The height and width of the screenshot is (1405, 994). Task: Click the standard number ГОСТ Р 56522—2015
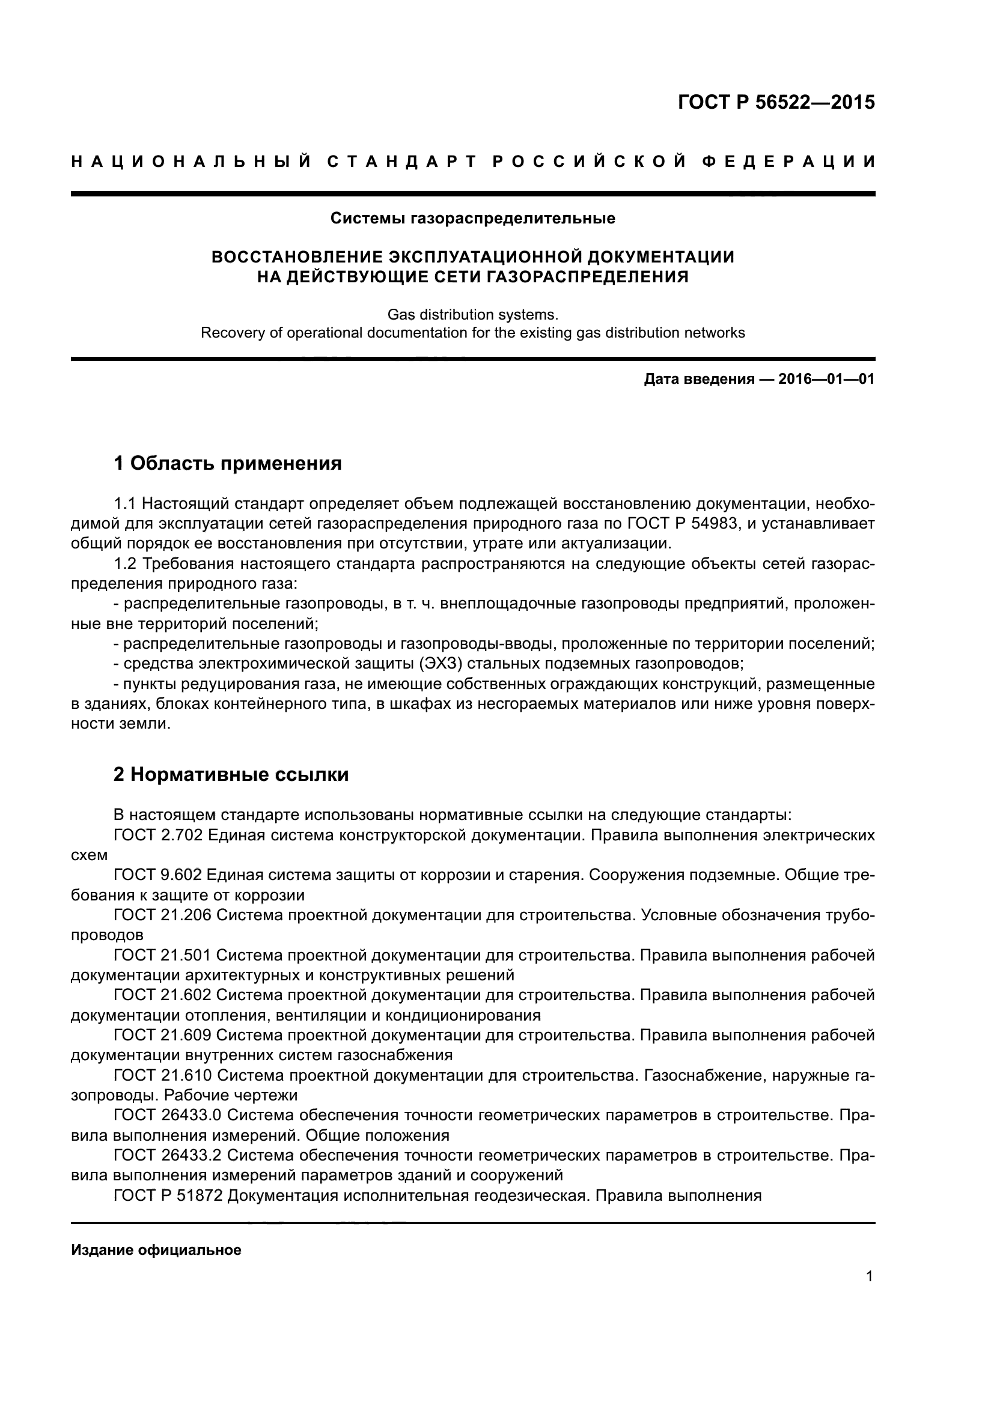coord(776,102)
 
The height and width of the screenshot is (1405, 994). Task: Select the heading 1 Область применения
coord(227,463)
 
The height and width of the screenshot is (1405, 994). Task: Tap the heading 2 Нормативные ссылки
coord(231,774)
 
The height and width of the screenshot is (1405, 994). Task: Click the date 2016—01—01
coord(826,379)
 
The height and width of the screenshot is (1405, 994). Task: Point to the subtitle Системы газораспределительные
coord(472,218)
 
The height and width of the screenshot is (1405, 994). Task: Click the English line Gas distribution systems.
coord(472,315)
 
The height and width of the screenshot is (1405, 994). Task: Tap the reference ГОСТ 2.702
coord(158,836)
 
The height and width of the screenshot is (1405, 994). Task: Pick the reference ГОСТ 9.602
coord(158,875)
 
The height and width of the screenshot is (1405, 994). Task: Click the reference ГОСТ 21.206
coord(162,915)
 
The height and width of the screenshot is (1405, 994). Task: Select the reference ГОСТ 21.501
coord(162,955)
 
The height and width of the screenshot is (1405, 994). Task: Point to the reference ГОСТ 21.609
coord(162,1035)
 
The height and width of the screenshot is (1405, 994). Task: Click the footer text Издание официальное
coord(156,1249)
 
